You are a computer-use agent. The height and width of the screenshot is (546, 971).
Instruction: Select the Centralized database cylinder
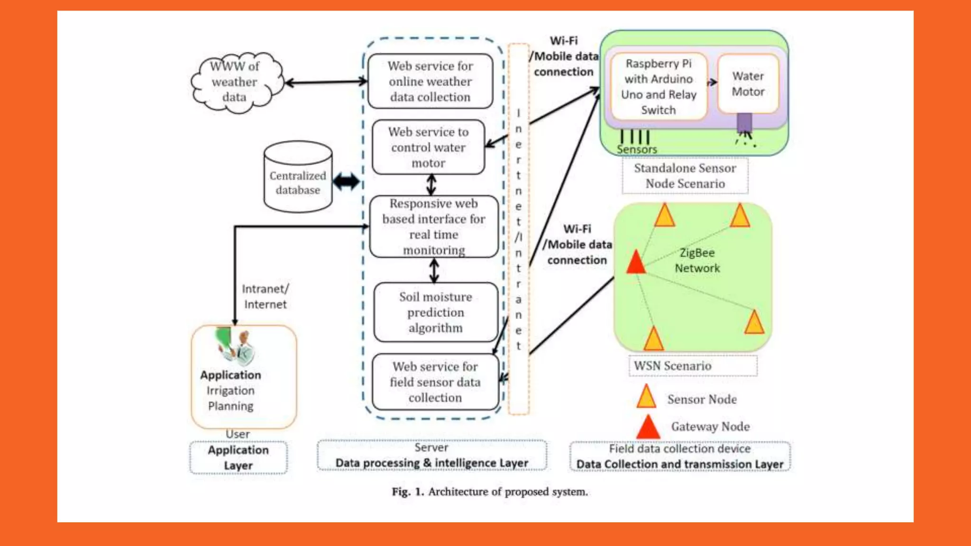[298, 177]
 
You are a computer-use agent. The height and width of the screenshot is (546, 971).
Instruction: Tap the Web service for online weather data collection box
[430, 82]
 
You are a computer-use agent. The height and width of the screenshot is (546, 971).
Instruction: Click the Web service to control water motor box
[428, 147]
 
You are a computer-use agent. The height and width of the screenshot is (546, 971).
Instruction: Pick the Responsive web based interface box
[434, 227]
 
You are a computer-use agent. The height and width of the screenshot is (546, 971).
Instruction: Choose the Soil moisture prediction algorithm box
[435, 312]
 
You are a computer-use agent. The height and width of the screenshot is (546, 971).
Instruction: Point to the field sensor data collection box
[435, 382]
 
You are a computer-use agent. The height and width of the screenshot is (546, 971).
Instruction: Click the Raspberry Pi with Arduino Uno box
[659, 87]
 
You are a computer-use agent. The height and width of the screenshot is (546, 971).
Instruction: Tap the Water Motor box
[748, 84]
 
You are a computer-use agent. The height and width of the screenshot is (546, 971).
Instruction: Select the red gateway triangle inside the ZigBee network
[635, 263]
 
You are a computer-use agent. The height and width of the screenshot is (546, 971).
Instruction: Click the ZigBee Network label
[697, 261]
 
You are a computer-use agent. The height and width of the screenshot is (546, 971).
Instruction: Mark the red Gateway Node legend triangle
[648, 428]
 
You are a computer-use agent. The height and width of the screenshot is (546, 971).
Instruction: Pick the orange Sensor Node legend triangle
[646, 398]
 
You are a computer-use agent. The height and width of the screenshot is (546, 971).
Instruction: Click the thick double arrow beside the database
[346, 182]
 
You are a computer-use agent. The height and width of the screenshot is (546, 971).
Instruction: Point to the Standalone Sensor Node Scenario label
[685, 176]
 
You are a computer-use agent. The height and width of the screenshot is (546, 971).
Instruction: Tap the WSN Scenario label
[672, 366]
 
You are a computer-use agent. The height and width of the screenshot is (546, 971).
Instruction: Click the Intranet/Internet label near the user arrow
[265, 297]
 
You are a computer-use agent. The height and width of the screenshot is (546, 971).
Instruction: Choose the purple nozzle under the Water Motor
[744, 123]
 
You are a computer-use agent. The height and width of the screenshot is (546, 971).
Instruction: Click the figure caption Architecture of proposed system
[490, 492]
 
